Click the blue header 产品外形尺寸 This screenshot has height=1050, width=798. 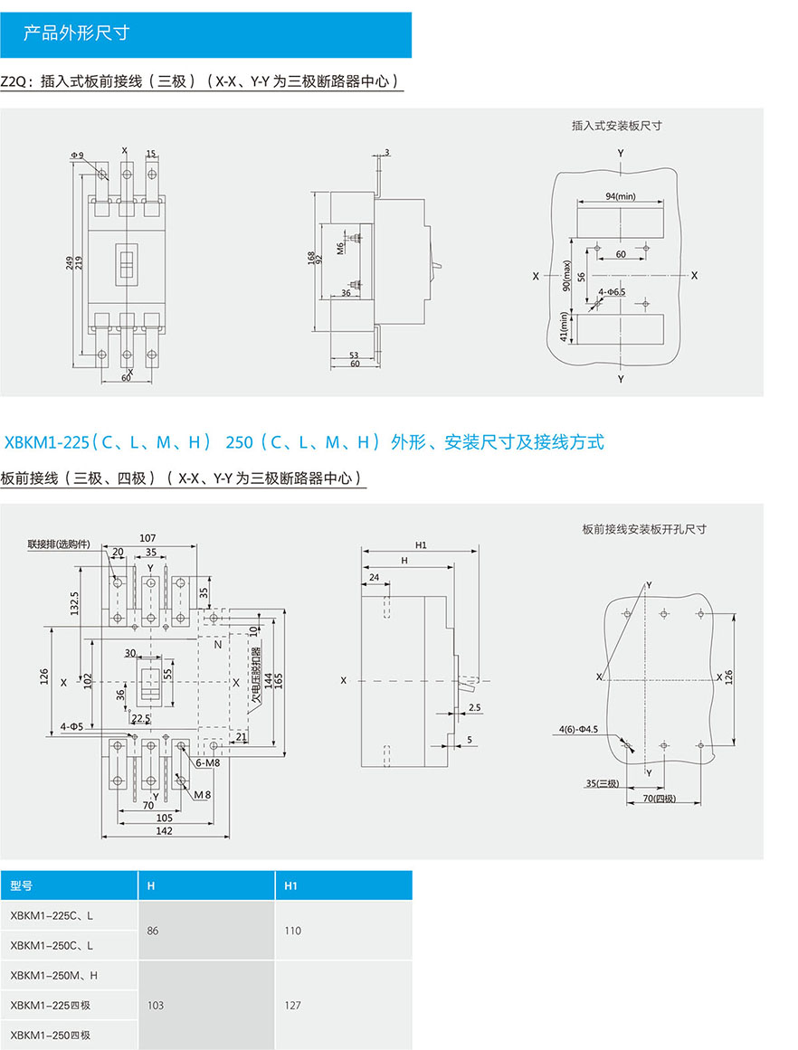coord(77,34)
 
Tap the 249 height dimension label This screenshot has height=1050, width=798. coord(69,262)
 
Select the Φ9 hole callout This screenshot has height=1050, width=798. coord(77,156)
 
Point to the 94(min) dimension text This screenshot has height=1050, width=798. coord(621,196)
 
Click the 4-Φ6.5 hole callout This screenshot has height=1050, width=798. coord(613,292)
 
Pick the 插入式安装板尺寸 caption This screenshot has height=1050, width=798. coord(616,126)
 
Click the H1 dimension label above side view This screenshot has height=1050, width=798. coord(421,545)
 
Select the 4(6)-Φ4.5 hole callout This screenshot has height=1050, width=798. coord(579,729)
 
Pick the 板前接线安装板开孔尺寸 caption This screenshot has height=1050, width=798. coord(644,529)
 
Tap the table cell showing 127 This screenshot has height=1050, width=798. coord(292,1005)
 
